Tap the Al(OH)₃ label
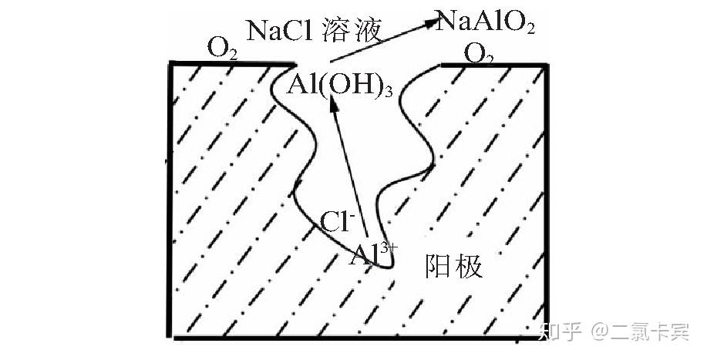click(x=340, y=85)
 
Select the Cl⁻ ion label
click(x=337, y=223)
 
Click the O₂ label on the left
click(x=222, y=50)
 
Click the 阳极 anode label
click(x=455, y=267)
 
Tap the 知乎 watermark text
click(x=561, y=332)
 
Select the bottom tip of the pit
click(x=390, y=267)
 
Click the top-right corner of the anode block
click(x=548, y=65)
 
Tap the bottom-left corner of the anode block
click(x=170, y=338)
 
